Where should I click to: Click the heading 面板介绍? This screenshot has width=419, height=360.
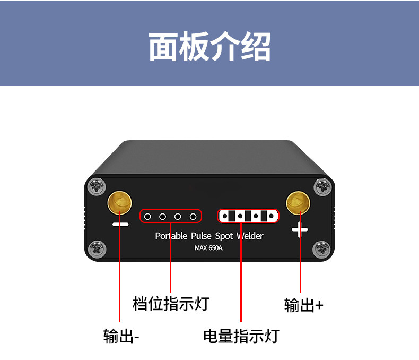210,47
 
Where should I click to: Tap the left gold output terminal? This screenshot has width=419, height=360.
120,202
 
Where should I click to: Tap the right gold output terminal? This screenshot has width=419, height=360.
298,202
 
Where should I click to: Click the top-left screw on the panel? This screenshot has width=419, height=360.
97,186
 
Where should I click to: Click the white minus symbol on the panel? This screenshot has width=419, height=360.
120,225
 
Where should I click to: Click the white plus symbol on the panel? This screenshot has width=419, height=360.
300,230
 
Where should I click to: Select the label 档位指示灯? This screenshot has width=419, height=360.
171,304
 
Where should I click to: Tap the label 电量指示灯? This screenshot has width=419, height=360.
241,336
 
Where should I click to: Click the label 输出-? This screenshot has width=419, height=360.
121,337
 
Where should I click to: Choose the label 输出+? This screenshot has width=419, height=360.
303,305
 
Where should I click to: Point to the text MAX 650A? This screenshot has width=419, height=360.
210,248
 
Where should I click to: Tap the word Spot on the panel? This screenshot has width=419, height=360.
224,236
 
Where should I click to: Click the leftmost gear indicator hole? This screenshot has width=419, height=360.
149,217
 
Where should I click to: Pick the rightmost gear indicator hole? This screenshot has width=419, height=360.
194,217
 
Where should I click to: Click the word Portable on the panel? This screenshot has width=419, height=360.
171,236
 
